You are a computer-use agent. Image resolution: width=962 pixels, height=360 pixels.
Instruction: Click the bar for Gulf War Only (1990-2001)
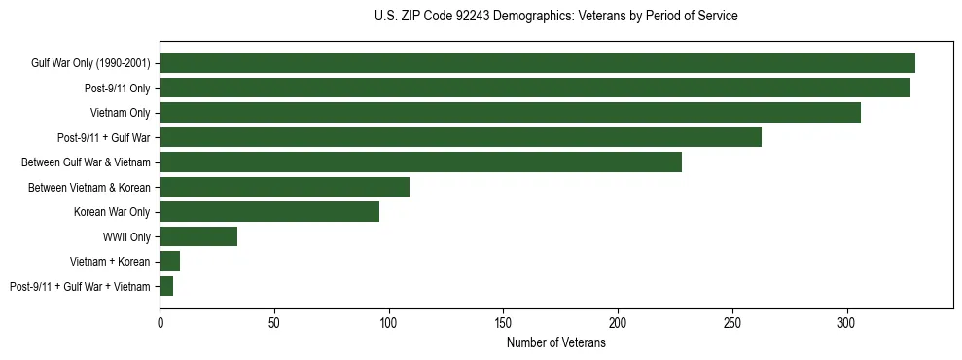pos(537,63)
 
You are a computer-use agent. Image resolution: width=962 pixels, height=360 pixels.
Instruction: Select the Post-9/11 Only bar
pos(535,88)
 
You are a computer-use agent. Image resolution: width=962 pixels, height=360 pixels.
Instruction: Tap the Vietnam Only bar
pos(510,113)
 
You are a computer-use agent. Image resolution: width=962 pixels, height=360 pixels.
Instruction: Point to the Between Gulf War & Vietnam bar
pos(420,162)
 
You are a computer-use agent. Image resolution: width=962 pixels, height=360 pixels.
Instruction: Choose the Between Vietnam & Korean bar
pos(284,187)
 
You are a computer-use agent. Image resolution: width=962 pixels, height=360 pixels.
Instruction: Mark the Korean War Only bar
pos(269,212)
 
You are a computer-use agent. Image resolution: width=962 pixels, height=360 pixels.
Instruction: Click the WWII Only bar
pos(198,236)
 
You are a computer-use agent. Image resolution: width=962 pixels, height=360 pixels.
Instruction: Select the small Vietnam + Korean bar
pos(170,262)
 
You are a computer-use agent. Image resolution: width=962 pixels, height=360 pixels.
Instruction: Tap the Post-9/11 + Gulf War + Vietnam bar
pos(166,286)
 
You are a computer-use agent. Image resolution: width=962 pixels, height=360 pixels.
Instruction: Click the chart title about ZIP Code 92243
pos(555,17)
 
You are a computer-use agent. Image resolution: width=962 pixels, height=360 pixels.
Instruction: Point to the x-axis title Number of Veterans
pos(556,342)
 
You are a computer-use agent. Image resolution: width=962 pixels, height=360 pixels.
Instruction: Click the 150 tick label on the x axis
pos(503,321)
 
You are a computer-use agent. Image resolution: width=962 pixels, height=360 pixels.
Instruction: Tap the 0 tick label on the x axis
pos(160,321)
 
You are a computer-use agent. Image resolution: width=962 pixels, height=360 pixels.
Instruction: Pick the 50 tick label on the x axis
pos(274,321)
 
